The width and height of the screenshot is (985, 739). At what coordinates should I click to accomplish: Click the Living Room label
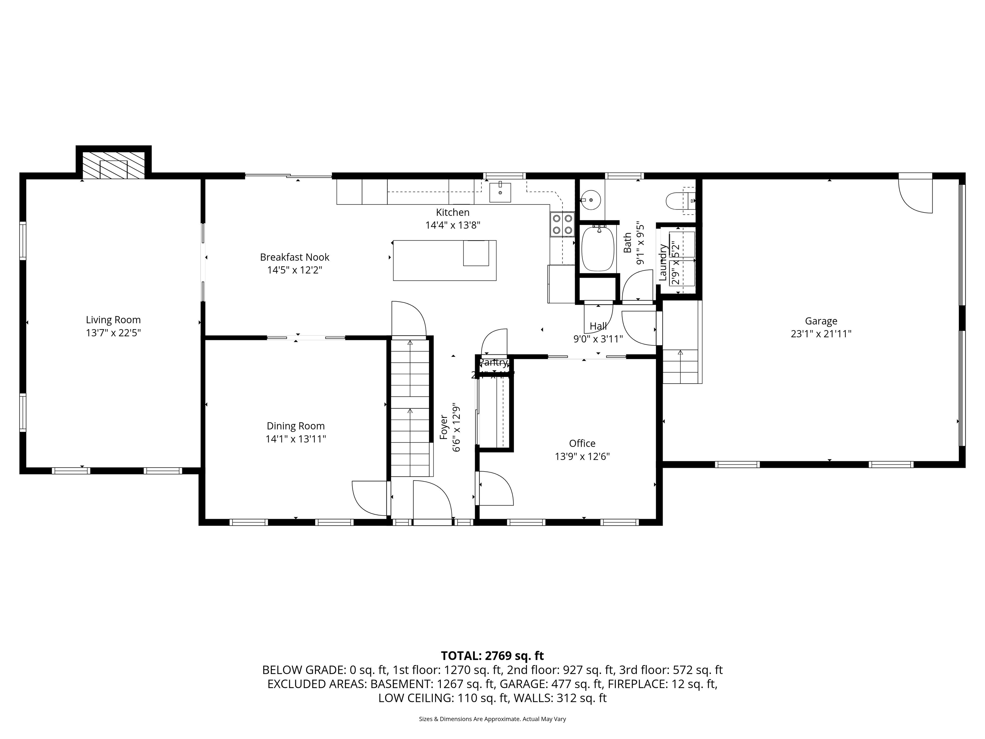[x=113, y=320]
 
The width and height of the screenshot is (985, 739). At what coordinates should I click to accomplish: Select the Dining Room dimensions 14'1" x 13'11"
[x=296, y=439]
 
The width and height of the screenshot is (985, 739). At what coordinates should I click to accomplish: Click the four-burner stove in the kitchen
[x=562, y=224]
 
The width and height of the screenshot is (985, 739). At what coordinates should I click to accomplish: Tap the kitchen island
[x=444, y=260]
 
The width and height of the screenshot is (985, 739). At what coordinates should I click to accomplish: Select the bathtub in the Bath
[x=599, y=248]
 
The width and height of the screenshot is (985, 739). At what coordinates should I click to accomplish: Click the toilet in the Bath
[x=679, y=201]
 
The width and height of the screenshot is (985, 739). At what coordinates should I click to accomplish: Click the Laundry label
[x=663, y=262]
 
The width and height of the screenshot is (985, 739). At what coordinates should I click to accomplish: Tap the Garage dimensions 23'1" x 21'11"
[x=821, y=334]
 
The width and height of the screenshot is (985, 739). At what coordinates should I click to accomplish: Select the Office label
[x=582, y=443]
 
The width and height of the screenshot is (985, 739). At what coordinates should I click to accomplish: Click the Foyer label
[x=444, y=427]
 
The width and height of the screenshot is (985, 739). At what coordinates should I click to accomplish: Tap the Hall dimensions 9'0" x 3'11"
[x=598, y=339]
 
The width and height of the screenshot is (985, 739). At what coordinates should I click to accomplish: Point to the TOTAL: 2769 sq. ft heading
[x=492, y=656]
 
